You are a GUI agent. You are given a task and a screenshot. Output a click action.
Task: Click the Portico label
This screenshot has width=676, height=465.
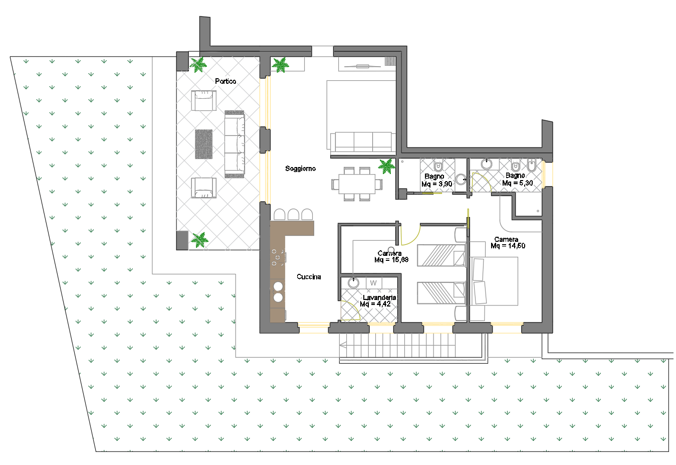click(226, 81)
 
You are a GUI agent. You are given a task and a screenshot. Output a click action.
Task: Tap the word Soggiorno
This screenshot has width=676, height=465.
click(300, 169)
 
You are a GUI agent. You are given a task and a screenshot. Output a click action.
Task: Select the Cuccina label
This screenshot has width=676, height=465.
click(308, 276)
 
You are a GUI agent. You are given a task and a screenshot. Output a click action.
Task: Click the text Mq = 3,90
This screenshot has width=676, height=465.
click(436, 184)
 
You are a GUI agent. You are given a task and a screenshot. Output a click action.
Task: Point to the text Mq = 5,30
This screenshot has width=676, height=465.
click(517, 183)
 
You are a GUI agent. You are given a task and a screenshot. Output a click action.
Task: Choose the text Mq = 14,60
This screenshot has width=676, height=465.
click(508, 246)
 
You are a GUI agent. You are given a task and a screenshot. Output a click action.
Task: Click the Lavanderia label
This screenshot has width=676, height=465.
click(379, 297)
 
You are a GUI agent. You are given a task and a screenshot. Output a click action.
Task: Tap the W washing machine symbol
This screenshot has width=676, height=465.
click(374, 283)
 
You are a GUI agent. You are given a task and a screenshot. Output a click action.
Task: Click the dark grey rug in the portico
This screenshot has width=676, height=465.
click(204, 144)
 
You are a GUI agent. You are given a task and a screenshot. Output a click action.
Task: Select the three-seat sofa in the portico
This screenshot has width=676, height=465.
click(235, 144)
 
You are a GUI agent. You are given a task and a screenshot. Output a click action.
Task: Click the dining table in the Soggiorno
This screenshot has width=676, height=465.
click(357, 184)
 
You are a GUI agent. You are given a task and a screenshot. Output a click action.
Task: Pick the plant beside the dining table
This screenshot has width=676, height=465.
click(386, 166)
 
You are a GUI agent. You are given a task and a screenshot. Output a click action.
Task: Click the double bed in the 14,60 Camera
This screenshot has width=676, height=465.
click(494, 281)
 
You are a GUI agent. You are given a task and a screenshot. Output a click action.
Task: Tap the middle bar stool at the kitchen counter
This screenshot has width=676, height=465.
click(293, 214)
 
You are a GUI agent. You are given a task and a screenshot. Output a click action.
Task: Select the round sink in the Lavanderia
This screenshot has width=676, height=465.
click(353, 283)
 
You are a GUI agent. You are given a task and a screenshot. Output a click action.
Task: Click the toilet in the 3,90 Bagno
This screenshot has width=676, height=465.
click(438, 166)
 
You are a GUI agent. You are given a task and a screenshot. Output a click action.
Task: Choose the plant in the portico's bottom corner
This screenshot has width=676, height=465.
click(199, 240)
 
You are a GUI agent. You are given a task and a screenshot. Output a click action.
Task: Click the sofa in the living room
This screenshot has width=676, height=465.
click(363, 141)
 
